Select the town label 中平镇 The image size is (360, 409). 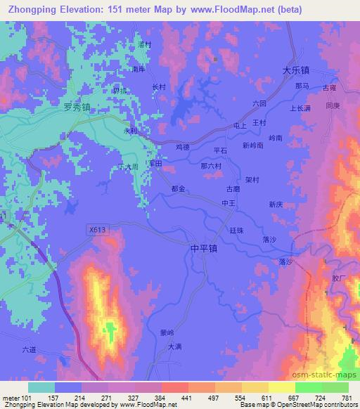point(204,249)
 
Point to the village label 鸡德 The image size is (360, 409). point(183,147)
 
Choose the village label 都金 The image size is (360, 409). point(178,189)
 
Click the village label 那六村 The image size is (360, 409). point(211,167)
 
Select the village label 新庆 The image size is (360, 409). point(275,204)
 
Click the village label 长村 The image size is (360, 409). point(159,87)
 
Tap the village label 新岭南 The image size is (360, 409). point(252,145)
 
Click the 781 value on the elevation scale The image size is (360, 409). point(346,397)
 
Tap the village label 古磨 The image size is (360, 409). point(233,188)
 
